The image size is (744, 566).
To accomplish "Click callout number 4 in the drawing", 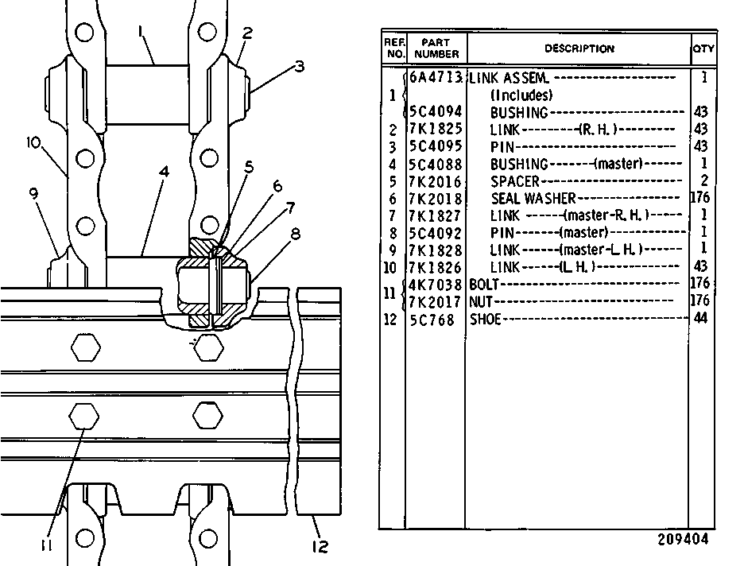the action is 164,171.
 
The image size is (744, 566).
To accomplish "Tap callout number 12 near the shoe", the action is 320,547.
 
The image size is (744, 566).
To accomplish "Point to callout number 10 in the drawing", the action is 33,142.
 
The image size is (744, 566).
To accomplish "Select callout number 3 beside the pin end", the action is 299,66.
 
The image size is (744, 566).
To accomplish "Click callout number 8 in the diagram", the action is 295,234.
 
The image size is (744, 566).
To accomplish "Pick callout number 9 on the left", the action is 33,193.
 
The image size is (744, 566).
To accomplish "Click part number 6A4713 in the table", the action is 435,77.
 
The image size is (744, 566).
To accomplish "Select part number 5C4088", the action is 435,164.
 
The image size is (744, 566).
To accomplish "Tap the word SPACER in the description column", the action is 515,181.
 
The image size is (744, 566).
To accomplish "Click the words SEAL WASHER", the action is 533,198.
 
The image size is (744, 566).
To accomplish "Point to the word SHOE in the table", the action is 485,320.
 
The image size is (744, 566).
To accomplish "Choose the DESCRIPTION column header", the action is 579,48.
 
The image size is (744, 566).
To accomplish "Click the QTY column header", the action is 703,48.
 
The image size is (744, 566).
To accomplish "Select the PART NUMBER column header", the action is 436,48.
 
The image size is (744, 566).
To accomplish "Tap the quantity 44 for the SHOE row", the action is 700,318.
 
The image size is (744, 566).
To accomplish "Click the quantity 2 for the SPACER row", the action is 704,180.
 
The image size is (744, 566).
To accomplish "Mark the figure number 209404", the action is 683,540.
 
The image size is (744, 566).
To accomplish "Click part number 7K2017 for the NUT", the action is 435,302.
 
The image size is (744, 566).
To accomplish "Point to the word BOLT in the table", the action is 484,284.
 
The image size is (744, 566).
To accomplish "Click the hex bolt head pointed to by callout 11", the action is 84,417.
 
